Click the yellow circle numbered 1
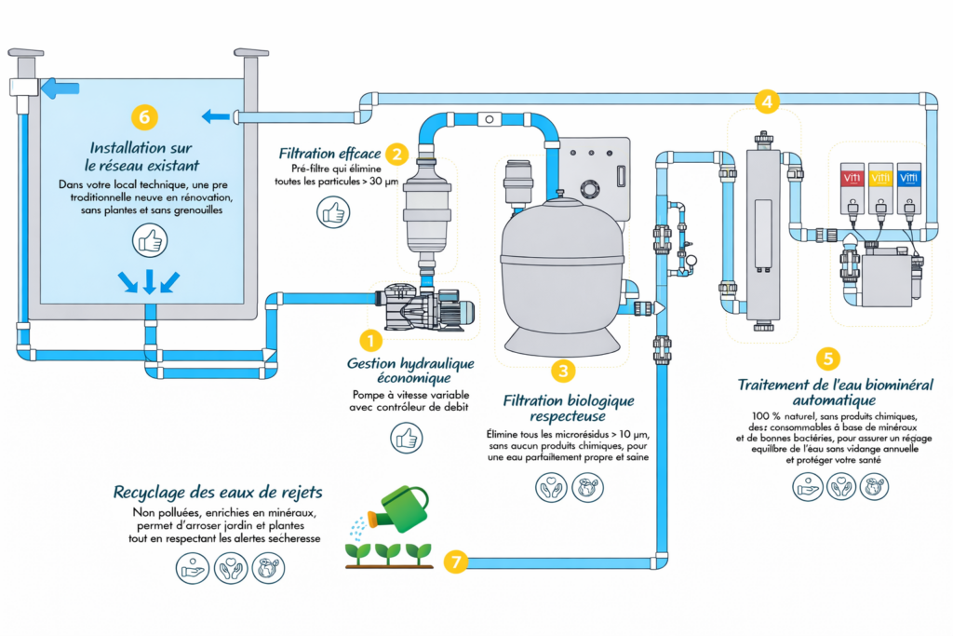(369, 341)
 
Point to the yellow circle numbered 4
(767, 100)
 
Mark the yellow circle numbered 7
(455, 562)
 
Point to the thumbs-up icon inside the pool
(148, 240)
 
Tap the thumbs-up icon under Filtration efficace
(332, 213)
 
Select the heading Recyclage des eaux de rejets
(218, 492)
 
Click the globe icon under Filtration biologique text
(587, 488)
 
